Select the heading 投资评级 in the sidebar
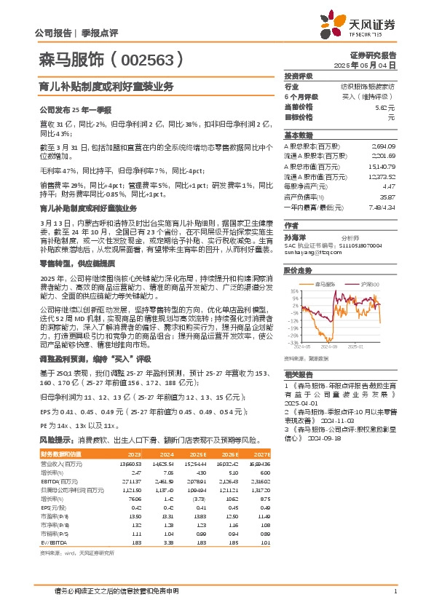pyautogui.click(x=299, y=76)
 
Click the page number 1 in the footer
pyautogui.click(x=394, y=590)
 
